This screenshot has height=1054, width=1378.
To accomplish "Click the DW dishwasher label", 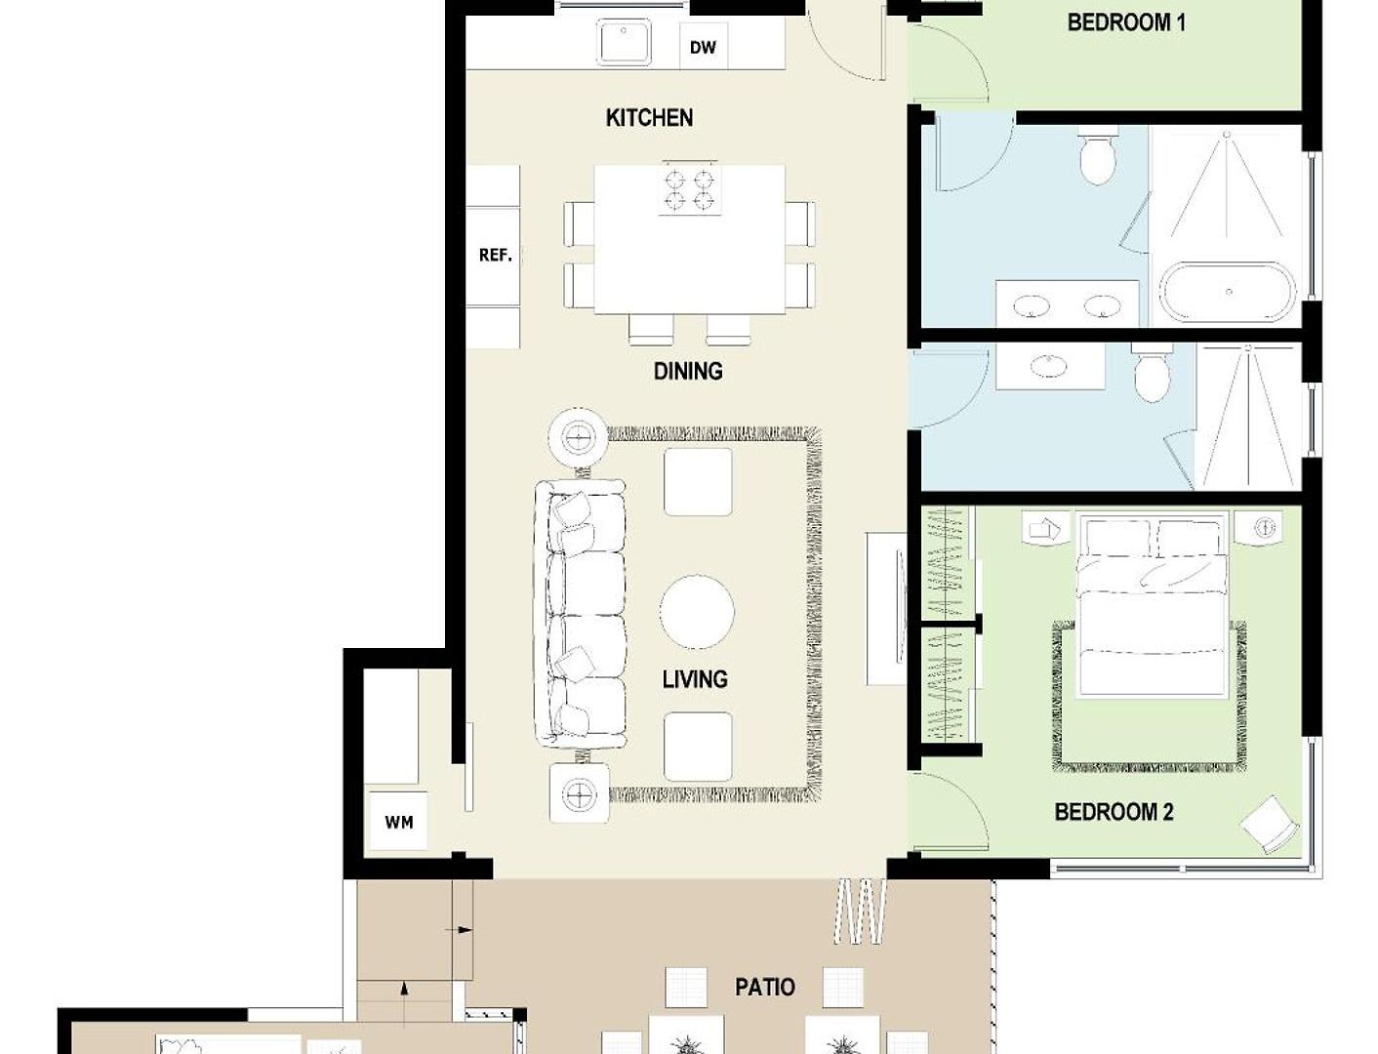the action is pos(703,48).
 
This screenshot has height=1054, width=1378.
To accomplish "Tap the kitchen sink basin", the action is pos(624,41).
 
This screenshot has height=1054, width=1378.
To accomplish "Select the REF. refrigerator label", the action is pos(496,255).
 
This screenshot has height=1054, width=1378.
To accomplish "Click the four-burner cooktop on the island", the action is pos(689,187).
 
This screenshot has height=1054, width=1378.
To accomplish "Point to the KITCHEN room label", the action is pos(649,118).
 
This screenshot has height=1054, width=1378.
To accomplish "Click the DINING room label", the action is pos(688,371).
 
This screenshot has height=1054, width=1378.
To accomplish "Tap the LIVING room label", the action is pos(695,678).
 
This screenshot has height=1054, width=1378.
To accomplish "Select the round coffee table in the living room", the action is pos(697,612).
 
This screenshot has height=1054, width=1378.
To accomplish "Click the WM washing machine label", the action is pos(398,822).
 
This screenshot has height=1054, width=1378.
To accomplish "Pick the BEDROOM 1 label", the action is pos(1126,23).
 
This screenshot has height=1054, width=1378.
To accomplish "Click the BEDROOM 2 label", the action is pos(1114,812).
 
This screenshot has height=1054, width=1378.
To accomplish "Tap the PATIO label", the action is pos(765,987).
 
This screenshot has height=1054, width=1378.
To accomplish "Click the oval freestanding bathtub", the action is pos(1227,292).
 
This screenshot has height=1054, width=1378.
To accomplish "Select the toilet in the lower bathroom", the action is pos(1152,373).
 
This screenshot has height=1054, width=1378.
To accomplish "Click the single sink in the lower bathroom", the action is pos(1050,365).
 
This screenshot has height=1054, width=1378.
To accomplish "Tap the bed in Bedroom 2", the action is pos(1152,606).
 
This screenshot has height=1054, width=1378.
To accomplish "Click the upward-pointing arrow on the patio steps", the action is pos(404,990).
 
